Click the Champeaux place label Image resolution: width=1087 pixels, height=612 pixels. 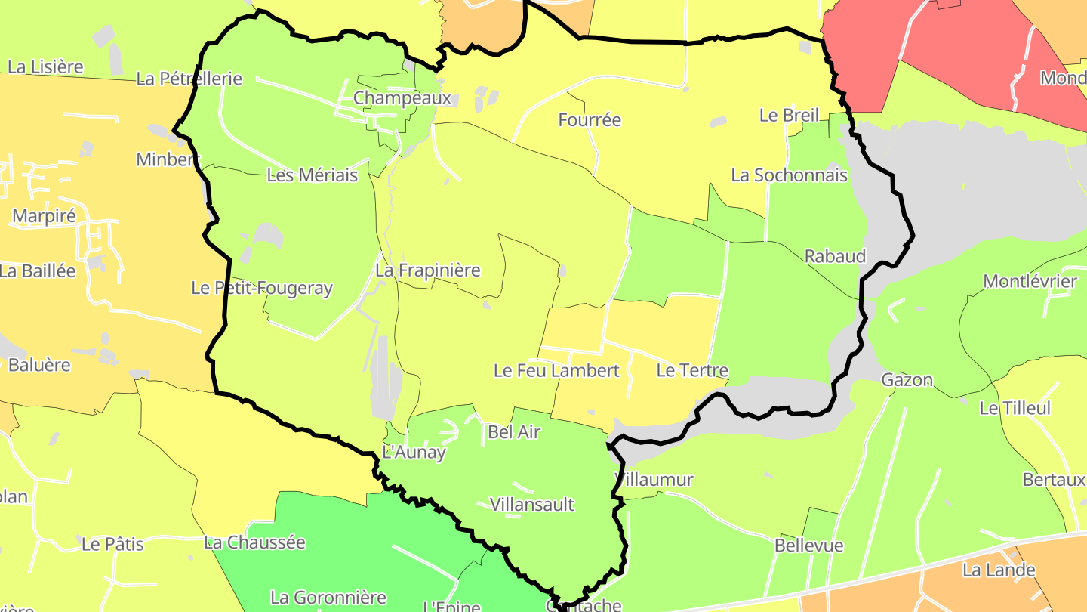pyautogui.click(x=402, y=98)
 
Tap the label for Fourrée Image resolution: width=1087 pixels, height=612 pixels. pyautogui.click(x=590, y=119)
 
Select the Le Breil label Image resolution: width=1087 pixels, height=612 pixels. pyautogui.click(x=789, y=116)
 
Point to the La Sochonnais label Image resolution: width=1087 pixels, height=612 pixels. pyautogui.click(x=789, y=175)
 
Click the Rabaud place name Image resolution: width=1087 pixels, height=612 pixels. pyautogui.click(x=834, y=255)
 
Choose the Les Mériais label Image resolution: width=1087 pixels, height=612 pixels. pyautogui.click(x=313, y=175)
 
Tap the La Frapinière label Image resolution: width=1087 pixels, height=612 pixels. pyautogui.click(x=428, y=270)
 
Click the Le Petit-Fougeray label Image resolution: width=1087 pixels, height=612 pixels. pyautogui.click(x=262, y=288)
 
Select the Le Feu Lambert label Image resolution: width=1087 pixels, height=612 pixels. pyautogui.click(x=556, y=371)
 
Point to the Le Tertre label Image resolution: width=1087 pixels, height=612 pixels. pyautogui.click(x=692, y=371)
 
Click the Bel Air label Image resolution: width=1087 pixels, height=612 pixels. pyautogui.click(x=515, y=432)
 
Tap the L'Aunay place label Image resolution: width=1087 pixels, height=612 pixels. pyautogui.click(x=414, y=453)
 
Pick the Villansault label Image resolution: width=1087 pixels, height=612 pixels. pyautogui.click(x=532, y=505)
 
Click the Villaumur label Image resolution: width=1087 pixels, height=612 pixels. pyautogui.click(x=654, y=480)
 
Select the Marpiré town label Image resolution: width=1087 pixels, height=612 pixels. pyautogui.click(x=44, y=216)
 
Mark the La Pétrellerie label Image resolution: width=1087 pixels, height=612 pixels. pyautogui.click(x=189, y=79)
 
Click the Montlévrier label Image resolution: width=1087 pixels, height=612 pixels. pyautogui.click(x=1030, y=282)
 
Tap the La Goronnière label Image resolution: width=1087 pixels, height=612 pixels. pyautogui.click(x=328, y=598)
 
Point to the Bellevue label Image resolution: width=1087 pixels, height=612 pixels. pyautogui.click(x=809, y=546)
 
